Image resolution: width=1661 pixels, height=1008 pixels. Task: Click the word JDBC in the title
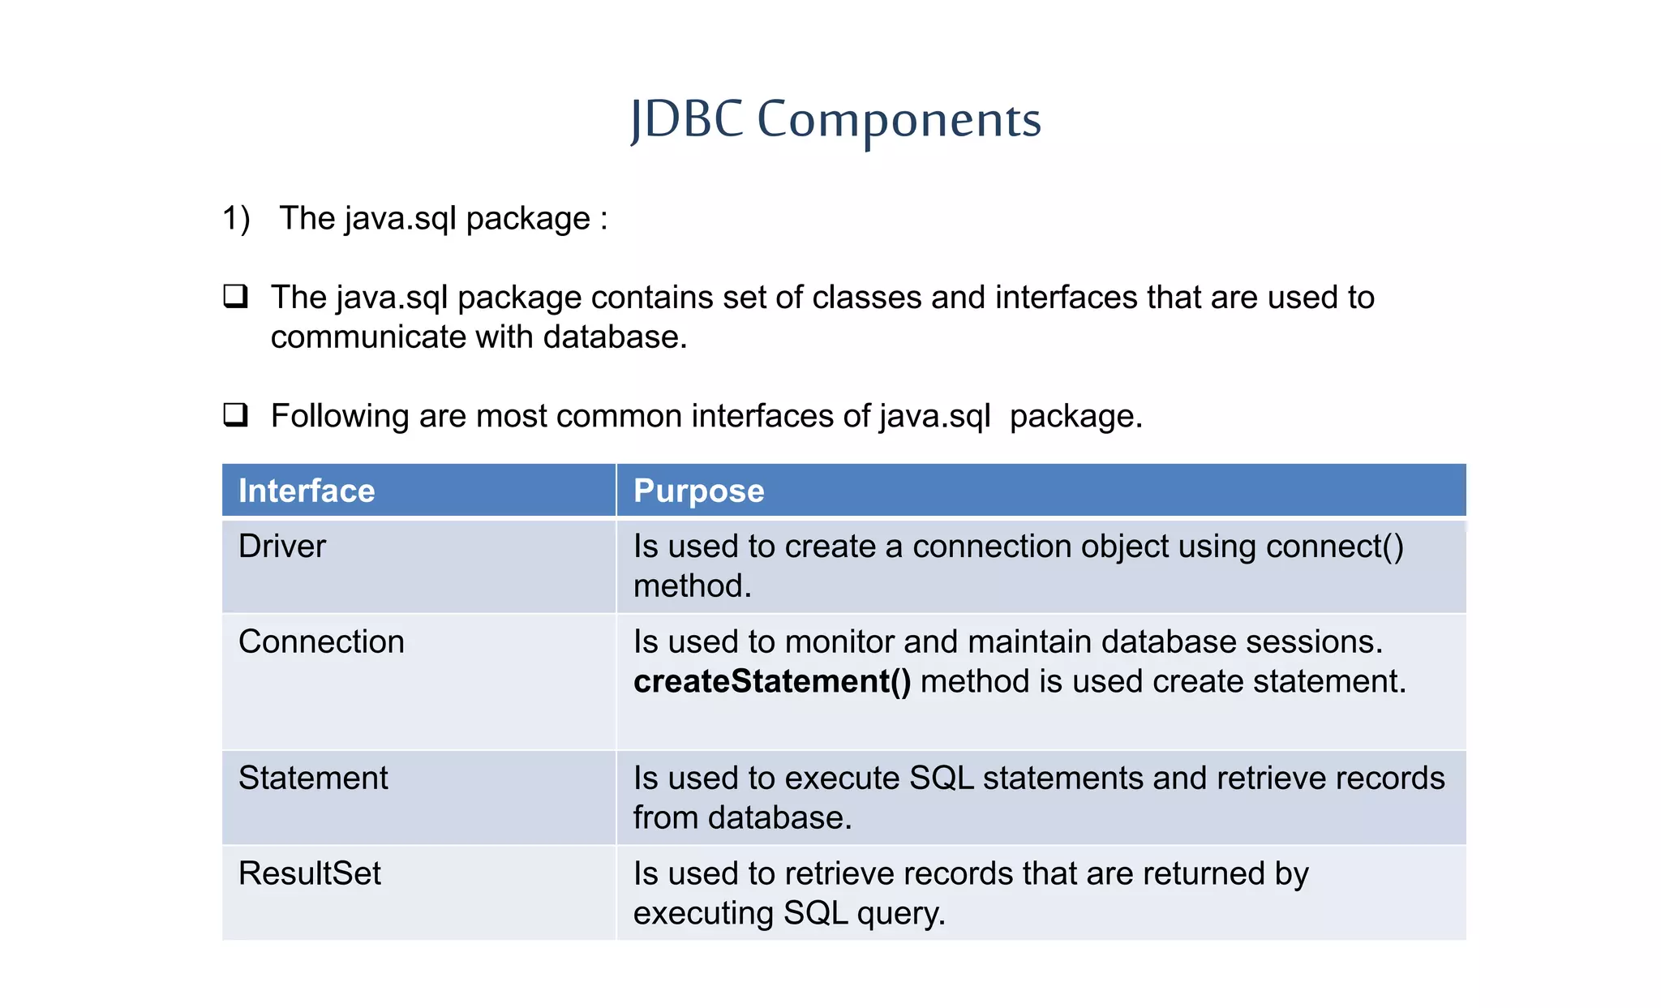pos(686,119)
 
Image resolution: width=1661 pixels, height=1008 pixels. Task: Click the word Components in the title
pos(899,120)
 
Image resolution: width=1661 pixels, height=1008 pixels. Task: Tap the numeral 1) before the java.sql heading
pos(236,219)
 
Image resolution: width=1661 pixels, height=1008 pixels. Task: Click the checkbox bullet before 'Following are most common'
pos(235,414)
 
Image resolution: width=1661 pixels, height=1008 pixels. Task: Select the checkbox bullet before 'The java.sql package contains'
pos(235,296)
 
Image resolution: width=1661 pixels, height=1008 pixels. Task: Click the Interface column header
pos(307,491)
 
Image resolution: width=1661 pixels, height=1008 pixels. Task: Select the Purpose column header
pos(698,491)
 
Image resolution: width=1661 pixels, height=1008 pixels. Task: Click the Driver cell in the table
pos(281,546)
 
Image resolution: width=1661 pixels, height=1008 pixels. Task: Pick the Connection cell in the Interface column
pos(321,641)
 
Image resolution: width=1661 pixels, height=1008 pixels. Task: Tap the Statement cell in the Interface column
pos(313,778)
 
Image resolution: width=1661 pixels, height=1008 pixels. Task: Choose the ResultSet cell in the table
pos(309,873)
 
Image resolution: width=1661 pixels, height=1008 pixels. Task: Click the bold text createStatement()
pos(771,681)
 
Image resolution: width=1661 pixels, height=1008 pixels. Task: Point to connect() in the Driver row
pos(1334,547)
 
